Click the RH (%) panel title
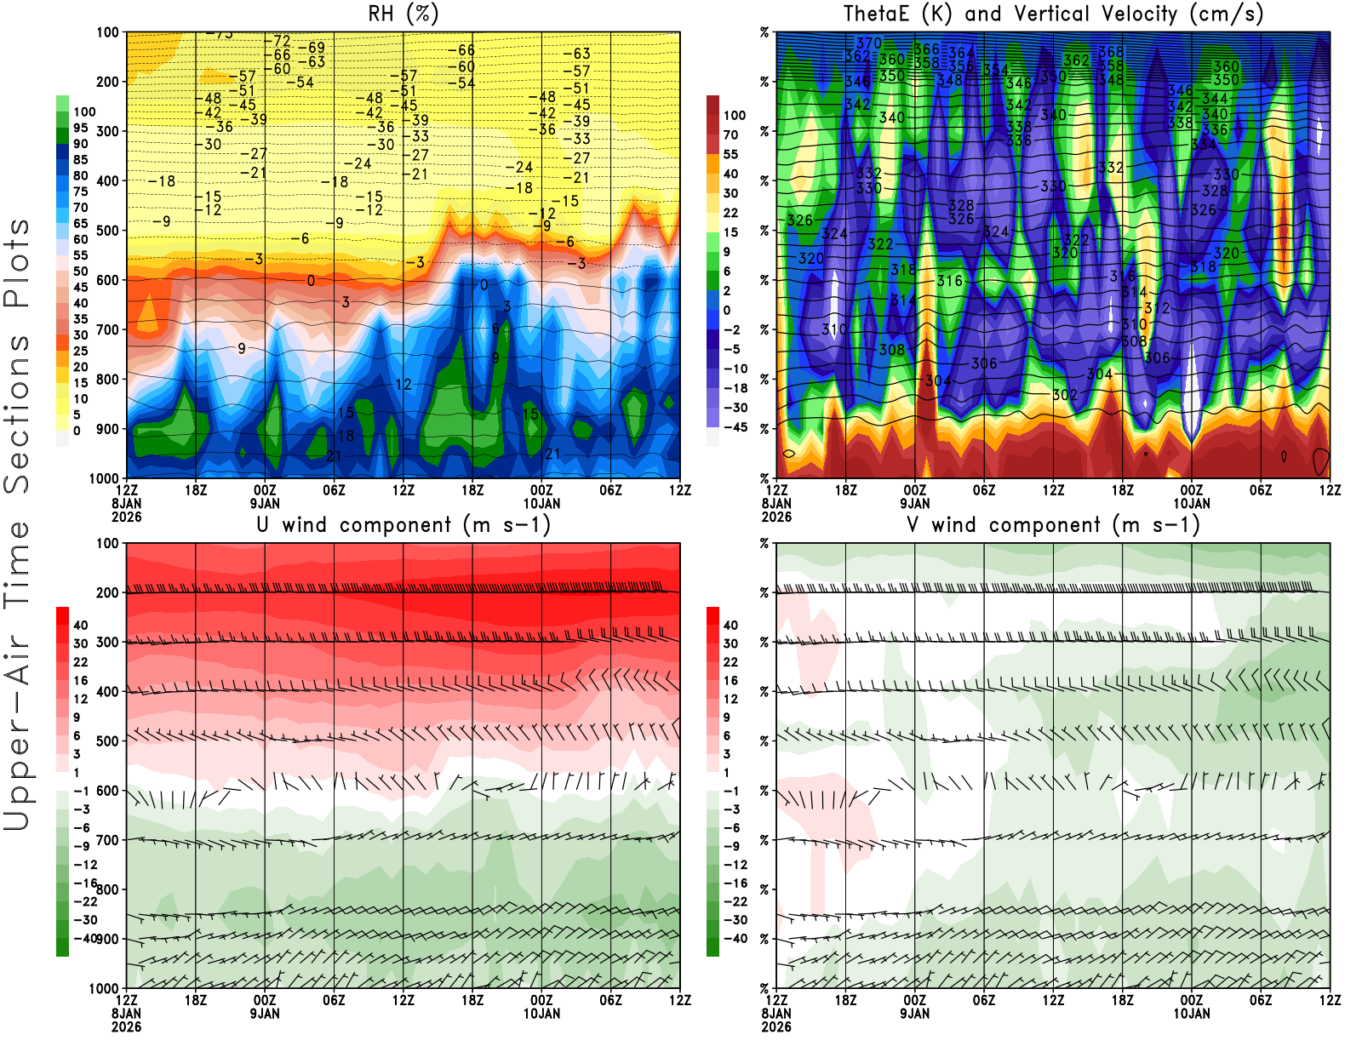pyautogui.click(x=403, y=14)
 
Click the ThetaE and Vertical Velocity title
pyautogui.click(x=1053, y=14)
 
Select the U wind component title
pyautogui.click(x=403, y=525)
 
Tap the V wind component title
pyautogui.click(x=1053, y=525)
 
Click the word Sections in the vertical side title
pyautogui.click(x=17, y=414)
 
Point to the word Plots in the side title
pyautogui.click(x=17, y=264)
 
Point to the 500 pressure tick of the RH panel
pyautogui.click(x=108, y=231)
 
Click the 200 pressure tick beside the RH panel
pyautogui.click(x=108, y=82)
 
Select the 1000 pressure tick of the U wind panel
pyautogui.click(x=104, y=989)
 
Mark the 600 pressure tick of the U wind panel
pyautogui.click(x=108, y=791)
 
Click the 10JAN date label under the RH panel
pyautogui.click(x=541, y=503)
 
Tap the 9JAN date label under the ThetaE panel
pyautogui.click(x=914, y=503)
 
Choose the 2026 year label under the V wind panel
pyautogui.click(x=776, y=1026)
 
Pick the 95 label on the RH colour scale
pyautogui.click(x=80, y=128)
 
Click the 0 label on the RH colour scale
pyautogui.click(x=77, y=431)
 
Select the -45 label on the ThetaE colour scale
pyautogui.click(x=735, y=427)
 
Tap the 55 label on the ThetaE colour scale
pyautogui.click(x=730, y=154)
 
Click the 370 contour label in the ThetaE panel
pyautogui.click(x=868, y=43)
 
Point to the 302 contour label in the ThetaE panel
pyautogui.click(x=1064, y=394)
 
